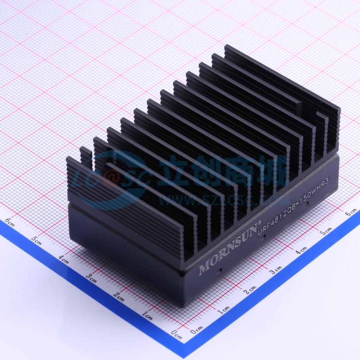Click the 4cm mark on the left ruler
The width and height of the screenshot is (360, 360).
64,258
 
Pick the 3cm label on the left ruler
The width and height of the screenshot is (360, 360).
91,277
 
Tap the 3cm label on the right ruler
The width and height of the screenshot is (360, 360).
275,269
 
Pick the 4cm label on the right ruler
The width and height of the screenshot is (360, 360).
301,249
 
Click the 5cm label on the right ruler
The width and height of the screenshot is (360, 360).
326,230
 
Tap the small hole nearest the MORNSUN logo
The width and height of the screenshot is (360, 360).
218,269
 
